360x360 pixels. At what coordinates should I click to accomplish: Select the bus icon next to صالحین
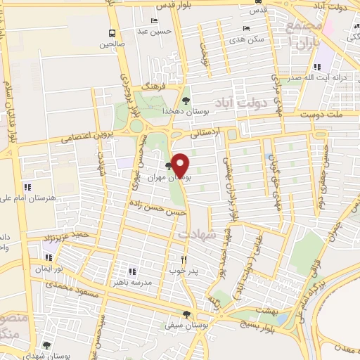click(112, 33)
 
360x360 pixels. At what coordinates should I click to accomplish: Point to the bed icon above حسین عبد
click(154, 21)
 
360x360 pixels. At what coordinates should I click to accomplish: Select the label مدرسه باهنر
click(112, 282)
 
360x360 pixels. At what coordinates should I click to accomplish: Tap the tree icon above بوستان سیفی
click(186, 314)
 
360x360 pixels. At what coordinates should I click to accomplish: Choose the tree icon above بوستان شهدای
click(46, 345)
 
